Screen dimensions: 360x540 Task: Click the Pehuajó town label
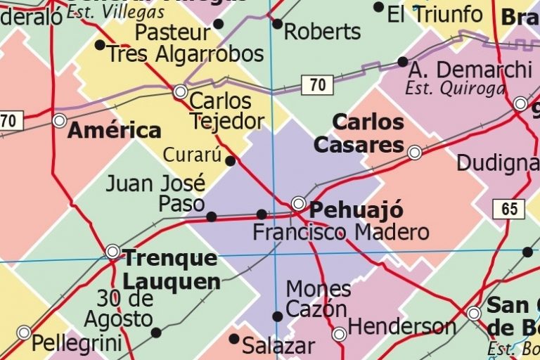(356, 210)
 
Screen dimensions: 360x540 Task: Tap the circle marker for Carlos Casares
(415, 152)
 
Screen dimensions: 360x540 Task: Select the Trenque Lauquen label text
(171, 270)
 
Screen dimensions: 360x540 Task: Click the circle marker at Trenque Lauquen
(112, 252)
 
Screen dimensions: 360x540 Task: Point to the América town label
(114, 130)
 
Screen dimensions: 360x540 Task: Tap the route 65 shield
(509, 209)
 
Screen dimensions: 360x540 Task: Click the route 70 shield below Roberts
(317, 85)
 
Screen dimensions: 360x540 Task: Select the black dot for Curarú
(230, 161)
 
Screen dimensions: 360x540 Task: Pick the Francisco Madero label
(340, 232)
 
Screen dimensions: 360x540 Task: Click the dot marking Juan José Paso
(211, 217)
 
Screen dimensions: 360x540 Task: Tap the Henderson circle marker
(339, 334)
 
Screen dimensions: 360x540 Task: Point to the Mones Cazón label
(318, 299)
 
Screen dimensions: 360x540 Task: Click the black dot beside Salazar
(233, 339)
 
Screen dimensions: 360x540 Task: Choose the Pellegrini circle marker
(24, 333)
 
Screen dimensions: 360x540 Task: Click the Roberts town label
(322, 32)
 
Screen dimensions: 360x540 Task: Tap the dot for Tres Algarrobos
(100, 45)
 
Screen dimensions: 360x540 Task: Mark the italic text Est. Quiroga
(455, 89)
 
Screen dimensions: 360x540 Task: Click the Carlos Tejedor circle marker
(180, 91)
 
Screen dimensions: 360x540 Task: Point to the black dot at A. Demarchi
(402, 62)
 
